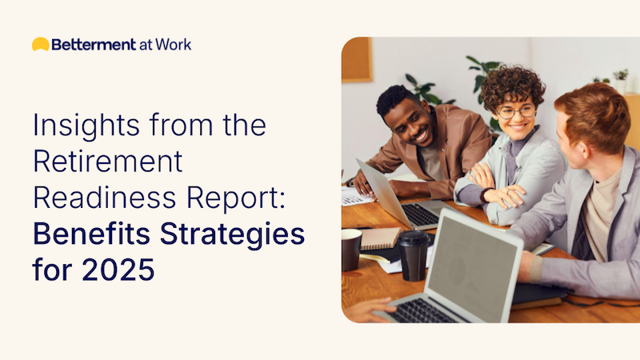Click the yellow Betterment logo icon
tap(40, 44)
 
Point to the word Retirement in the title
tap(108, 162)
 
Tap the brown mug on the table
tap(351, 249)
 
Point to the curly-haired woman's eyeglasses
tap(516, 110)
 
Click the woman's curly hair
tap(512, 84)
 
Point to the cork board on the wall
tap(357, 59)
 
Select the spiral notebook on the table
tap(379, 238)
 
